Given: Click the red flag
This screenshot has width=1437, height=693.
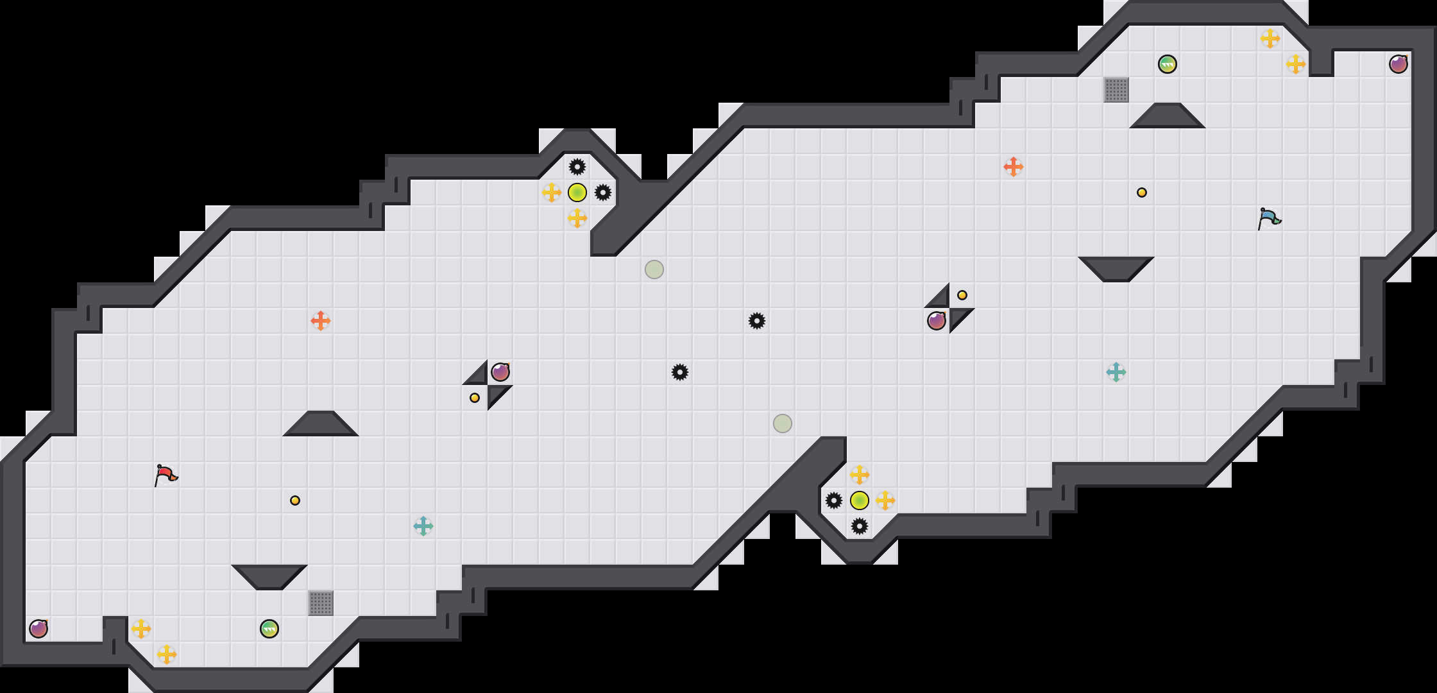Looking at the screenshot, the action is pyautogui.click(x=166, y=475).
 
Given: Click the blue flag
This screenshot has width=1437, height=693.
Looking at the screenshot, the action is pyautogui.click(x=1269, y=218).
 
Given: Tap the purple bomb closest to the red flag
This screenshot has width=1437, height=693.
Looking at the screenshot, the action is pyautogui.click(x=38, y=629).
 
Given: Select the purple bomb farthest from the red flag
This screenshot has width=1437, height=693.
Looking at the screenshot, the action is pyautogui.click(x=1399, y=64).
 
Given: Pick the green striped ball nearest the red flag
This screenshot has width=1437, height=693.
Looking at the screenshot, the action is pyautogui.click(x=269, y=629).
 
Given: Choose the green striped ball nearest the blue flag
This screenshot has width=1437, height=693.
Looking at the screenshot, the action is pyautogui.click(x=1168, y=64).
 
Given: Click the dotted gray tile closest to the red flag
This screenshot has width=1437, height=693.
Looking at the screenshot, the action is pyautogui.click(x=321, y=603).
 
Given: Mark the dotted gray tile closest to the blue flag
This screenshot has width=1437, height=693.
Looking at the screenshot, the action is pyautogui.click(x=1116, y=90).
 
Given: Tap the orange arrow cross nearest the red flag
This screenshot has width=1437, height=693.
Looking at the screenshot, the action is pyautogui.click(x=321, y=321).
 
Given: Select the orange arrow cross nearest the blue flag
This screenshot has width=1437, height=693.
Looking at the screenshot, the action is pyautogui.click(x=1014, y=167).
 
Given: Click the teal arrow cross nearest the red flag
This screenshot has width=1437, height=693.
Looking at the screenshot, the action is pyautogui.click(x=423, y=526).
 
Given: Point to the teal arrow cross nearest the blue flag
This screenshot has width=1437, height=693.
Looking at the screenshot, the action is pyautogui.click(x=1116, y=372).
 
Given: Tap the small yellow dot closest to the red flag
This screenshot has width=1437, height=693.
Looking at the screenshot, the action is pyautogui.click(x=295, y=501).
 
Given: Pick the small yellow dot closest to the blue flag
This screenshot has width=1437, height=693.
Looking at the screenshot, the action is pyautogui.click(x=1142, y=193).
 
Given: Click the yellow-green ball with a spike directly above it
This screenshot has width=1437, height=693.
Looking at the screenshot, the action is pyautogui.click(x=577, y=193).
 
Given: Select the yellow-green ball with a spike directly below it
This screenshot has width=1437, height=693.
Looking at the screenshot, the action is pyautogui.click(x=860, y=501).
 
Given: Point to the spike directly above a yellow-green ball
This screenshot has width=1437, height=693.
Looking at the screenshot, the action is pyautogui.click(x=577, y=167).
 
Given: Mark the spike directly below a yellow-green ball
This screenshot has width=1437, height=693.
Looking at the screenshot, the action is pyautogui.click(x=860, y=526).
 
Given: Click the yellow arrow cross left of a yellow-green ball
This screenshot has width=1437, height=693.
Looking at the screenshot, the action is pyautogui.click(x=552, y=193).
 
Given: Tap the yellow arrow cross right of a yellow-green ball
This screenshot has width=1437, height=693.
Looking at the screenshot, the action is pyautogui.click(x=885, y=501).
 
